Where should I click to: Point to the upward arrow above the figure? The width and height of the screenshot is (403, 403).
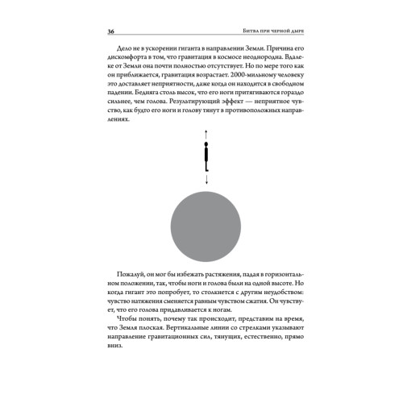click(205, 135)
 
